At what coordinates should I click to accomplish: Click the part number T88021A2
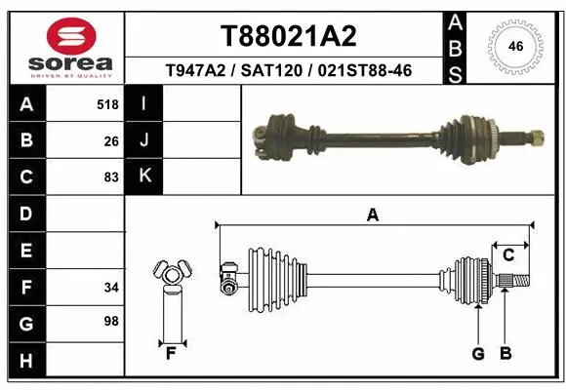coord(288,36)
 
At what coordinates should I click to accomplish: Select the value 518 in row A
coord(107,103)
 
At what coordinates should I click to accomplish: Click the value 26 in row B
coord(111,140)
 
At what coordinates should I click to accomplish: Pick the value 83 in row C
coord(111,177)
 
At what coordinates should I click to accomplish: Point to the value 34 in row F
coord(111,288)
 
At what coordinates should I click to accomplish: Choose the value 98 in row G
coord(111,321)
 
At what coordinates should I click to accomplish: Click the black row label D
coord(24,214)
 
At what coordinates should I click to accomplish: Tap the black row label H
coord(24,362)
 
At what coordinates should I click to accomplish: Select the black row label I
coord(143,103)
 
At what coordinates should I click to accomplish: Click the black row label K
coord(143,176)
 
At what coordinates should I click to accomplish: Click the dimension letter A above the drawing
coord(371,214)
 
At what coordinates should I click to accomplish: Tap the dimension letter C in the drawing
coord(508,255)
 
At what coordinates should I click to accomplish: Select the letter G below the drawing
coord(478,354)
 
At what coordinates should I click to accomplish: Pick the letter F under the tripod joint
coord(170,354)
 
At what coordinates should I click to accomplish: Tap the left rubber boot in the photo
coord(277,136)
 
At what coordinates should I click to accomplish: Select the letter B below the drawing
coord(505,354)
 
